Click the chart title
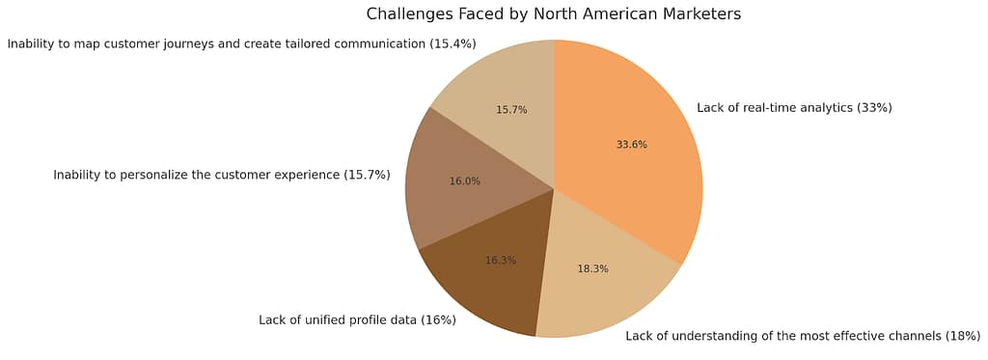(553, 14)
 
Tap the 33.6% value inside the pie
(631, 145)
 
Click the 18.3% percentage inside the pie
(592, 269)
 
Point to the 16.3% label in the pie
(500, 261)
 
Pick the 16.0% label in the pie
(464, 180)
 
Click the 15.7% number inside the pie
(511, 110)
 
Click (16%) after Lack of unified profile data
(438, 319)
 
